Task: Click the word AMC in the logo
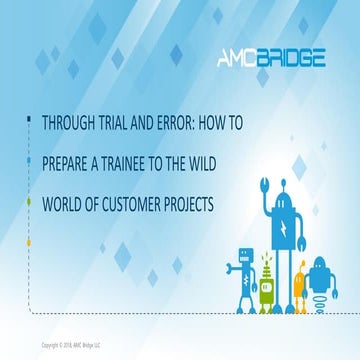[238, 58]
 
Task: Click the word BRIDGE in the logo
[290, 58]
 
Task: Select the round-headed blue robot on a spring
[318, 285]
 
